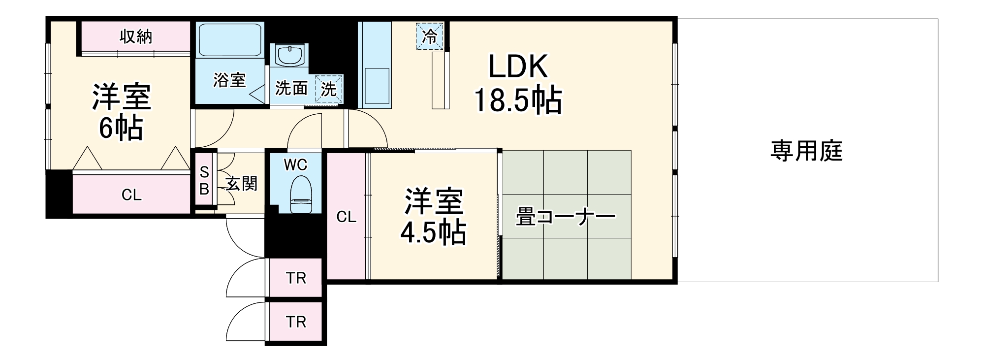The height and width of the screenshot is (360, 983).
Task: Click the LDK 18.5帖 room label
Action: click(x=517, y=84)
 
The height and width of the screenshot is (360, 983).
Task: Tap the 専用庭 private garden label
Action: click(x=806, y=151)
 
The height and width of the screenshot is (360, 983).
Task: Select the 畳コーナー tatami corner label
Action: click(x=565, y=217)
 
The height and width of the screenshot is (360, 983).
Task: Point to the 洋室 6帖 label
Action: click(x=121, y=112)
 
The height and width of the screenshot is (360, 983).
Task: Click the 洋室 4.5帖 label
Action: click(x=433, y=217)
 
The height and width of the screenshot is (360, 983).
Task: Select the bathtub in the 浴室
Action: click(x=230, y=39)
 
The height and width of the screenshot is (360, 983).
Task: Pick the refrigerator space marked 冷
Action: click(x=430, y=36)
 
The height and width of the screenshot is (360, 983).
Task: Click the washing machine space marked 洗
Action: click(x=329, y=89)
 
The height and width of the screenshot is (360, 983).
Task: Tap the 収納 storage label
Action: click(x=136, y=36)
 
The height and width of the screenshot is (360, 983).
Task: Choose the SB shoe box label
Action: click(x=204, y=180)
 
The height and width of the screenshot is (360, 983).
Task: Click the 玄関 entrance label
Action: click(x=242, y=184)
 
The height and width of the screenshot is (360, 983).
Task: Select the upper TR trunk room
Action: click(x=296, y=278)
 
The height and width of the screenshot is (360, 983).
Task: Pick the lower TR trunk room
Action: click(x=296, y=322)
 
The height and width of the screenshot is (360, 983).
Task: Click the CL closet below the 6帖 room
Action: click(x=131, y=195)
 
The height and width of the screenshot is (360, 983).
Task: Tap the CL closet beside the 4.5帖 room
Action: click(x=346, y=217)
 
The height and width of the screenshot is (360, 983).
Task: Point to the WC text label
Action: click(x=295, y=165)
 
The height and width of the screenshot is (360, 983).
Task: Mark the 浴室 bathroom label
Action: click(x=229, y=80)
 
